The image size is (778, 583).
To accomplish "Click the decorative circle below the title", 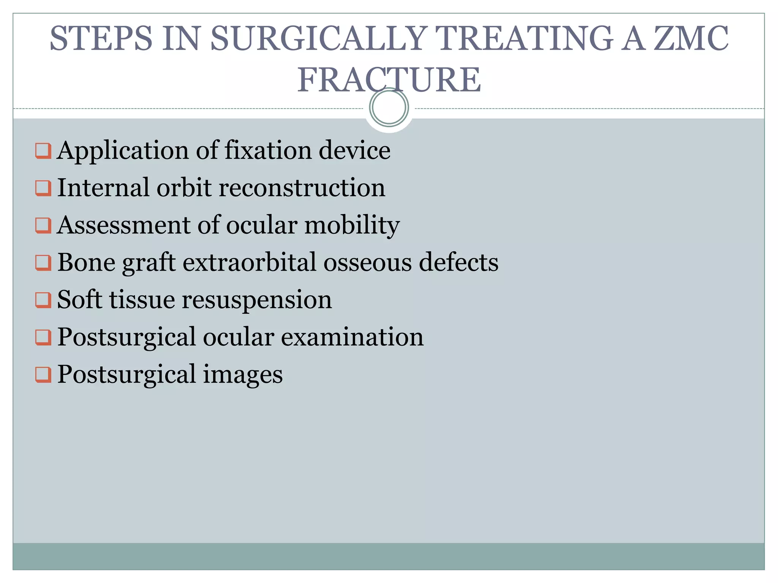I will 389,107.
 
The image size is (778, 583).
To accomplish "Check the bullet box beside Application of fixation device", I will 43,151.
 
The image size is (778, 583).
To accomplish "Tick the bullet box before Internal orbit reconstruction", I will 43,188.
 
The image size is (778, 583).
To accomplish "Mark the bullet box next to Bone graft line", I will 43,263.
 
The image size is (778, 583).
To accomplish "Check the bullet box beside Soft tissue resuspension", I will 43,300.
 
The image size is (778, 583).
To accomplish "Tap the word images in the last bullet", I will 243,375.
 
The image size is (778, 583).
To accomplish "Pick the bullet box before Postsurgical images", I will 43,375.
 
